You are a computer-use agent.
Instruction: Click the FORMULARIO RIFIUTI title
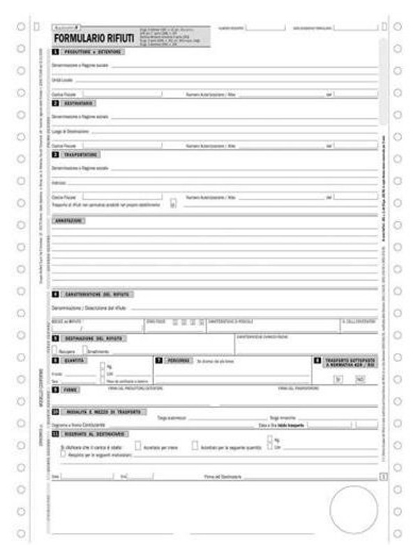point(94,38)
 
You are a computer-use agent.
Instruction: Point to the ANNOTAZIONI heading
point(69,221)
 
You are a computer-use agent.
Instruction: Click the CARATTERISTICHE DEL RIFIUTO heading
point(98,294)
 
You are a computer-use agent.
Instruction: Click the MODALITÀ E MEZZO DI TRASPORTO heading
point(105,412)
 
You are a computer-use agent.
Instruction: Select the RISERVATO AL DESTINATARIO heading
point(98,433)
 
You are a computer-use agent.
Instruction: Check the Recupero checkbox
point(55,349)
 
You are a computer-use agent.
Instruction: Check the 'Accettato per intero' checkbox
point(137,445)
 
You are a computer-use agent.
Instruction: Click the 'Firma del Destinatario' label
point(223,477)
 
